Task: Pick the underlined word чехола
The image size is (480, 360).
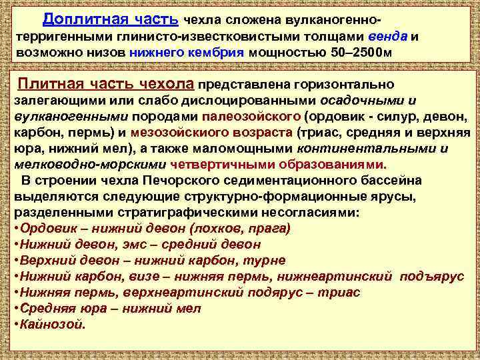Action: (x=167, y=85)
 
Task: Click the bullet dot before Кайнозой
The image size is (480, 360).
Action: (x=17, y=325)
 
